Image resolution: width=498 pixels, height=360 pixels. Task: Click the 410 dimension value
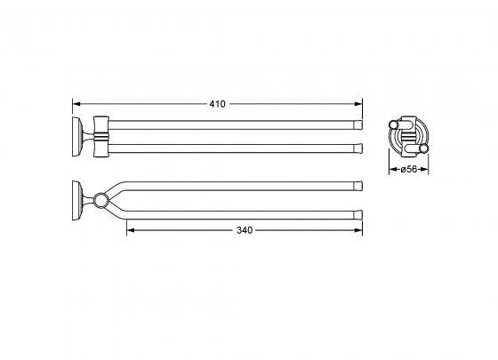tap(217, 104)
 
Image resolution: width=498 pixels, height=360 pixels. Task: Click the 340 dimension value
tap(245, 230)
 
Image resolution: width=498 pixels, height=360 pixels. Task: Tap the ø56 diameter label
tap(409, 170)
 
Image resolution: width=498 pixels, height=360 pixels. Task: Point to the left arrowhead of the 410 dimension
tap(76, 104)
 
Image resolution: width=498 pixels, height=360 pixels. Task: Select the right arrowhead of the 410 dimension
tap(358, 104)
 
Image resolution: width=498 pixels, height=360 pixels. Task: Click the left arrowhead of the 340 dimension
tap(131, 230)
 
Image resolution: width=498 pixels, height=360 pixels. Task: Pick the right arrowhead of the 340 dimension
tap(358, 230)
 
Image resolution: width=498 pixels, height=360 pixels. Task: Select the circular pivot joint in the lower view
tap(101, 200)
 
